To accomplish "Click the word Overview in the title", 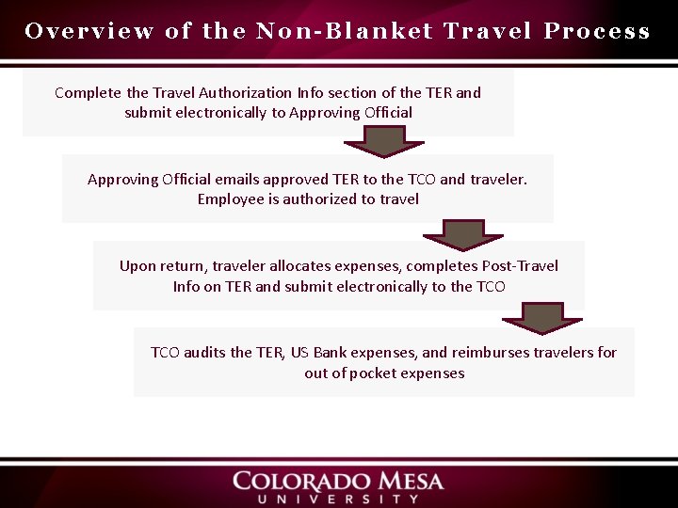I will pos(89,31).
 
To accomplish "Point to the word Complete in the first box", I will pos(89,92).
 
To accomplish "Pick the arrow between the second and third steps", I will pos(462,232).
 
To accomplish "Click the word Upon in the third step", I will pos(137,265).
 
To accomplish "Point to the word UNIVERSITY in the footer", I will pos(338,499).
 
